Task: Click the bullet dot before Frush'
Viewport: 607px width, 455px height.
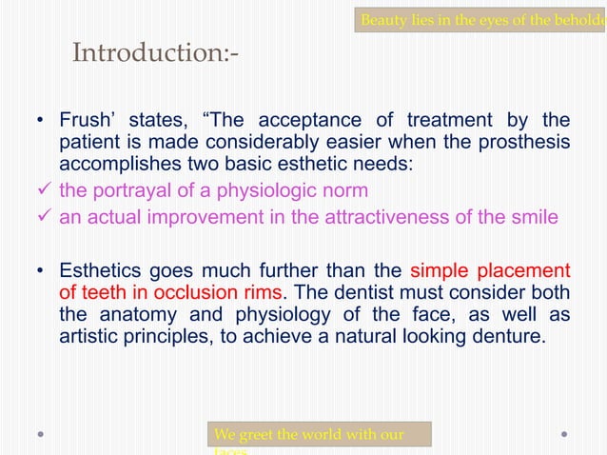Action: click(40, 121)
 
